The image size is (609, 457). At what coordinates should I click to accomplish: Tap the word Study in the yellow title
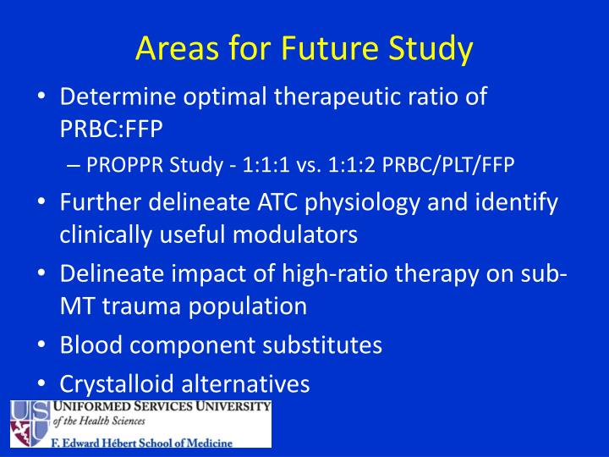pos(431,49)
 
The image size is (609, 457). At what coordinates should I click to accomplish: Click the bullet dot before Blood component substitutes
pos(41,345)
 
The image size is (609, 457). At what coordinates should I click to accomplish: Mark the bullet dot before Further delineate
pos(41,204)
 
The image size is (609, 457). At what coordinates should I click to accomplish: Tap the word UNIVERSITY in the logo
pos(228,407)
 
